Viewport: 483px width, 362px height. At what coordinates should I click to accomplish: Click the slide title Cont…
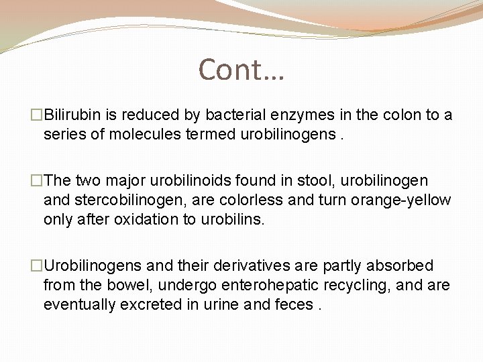click(241, 68)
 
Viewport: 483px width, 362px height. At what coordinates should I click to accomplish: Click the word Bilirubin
click(74, 115)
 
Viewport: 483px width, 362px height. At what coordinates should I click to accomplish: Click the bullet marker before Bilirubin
click(36, 115)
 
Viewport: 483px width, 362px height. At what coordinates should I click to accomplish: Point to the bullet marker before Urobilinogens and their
click(36, 266)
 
